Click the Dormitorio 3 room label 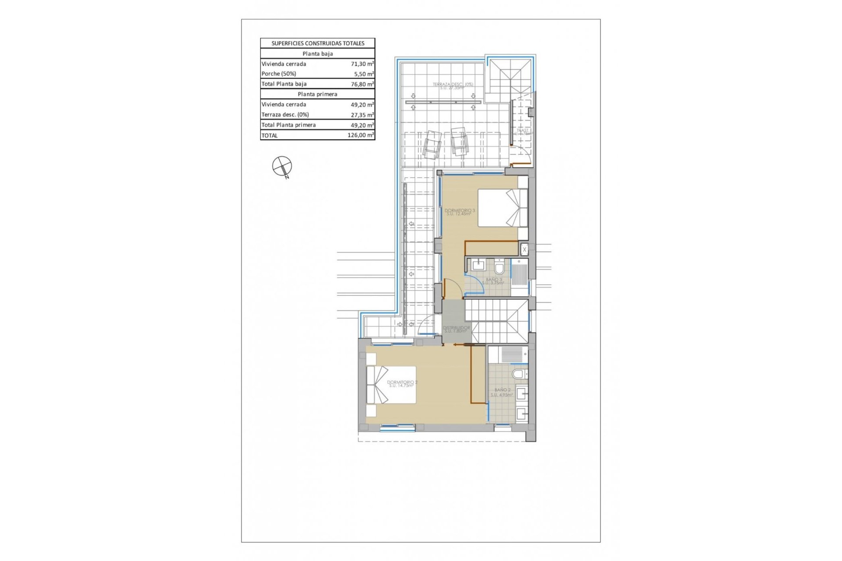460,212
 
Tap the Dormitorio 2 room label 402,384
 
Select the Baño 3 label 493,281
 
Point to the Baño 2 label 502,392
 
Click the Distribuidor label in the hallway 456,329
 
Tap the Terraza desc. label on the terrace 453,86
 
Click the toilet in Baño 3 499,267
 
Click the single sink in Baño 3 478,265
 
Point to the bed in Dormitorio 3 502,208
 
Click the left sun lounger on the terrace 432,144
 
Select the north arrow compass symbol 282,167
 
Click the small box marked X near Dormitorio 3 524,249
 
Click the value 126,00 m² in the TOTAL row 360,135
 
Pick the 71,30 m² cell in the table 362,64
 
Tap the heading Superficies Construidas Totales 318,43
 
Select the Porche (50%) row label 279,74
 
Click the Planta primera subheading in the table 318,94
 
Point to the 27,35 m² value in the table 362,115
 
